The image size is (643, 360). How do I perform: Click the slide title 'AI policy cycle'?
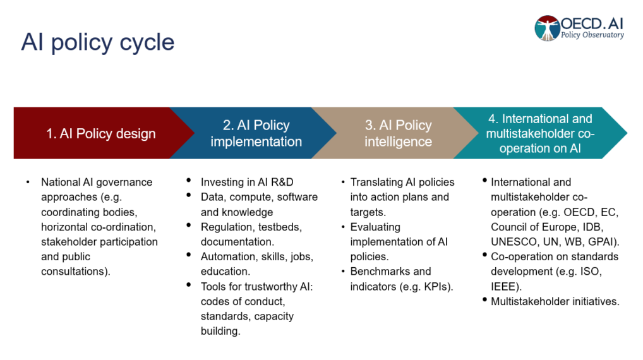(97, 42)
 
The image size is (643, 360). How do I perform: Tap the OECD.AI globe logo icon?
(546, 28)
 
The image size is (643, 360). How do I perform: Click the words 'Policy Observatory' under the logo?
(592, 35)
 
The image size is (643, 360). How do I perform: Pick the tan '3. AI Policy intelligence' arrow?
(398, 133)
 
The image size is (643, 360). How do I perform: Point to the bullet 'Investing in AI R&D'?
(247, 182)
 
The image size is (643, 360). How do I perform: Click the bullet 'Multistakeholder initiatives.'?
(555, 301)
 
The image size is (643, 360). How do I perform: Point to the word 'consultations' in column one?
(73, 272)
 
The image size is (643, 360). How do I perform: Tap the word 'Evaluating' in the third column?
(375, 227)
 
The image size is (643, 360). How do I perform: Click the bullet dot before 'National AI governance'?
(27, 183)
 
